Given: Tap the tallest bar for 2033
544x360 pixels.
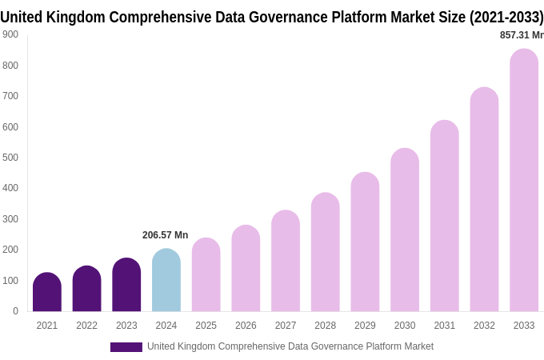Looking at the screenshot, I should pyautogui.click(x=524, y=180).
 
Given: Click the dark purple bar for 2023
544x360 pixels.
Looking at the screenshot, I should pyautogui.click(x=126, y=285).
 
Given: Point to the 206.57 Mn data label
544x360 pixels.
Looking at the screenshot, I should pyautogui.click(x=165, y=235).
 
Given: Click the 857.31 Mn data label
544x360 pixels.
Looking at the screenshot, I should pyautogui.click(x=521, y=35).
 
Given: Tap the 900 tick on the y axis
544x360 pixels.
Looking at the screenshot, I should pyautogui.click(x=10, y=34).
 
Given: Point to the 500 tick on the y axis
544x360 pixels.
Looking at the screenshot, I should pyautogui.click(x=10, y=158).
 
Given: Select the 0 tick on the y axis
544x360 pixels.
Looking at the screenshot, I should pyautogui.click(x=15, y=311).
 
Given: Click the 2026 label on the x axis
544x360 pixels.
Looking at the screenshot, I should pyautogui.click(x=246, y=326).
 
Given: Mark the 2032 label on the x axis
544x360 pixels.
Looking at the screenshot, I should pyautogui.click(x=484, y=326).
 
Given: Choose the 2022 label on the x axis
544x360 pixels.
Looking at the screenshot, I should pyautogui.click(x=86, y=326).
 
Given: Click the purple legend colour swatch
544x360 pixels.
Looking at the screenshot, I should pyautogui.click(x=126, y=347).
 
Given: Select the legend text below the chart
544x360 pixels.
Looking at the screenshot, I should pyautogui.click(x=290, y=346).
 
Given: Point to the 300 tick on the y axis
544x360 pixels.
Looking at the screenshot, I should pyautogui.click(x=10, y=219).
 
